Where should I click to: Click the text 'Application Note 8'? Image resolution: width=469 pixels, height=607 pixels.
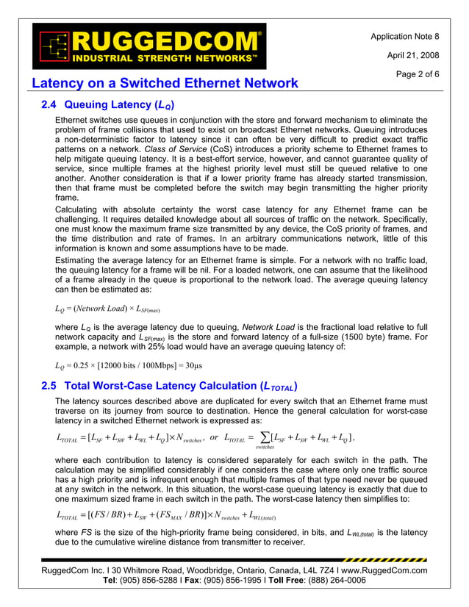(404, 36)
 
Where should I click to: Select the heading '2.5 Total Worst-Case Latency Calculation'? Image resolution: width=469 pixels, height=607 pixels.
(170, 386)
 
